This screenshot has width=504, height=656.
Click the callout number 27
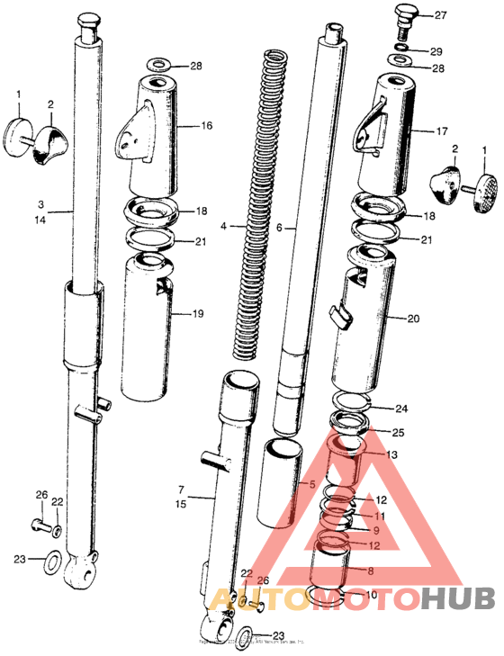pos(440,15)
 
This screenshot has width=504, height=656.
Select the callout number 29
pos(436,51)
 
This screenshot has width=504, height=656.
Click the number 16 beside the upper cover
pos(207,126)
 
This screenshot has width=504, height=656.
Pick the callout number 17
pos(442,131)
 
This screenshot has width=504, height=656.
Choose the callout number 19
pos(198,314)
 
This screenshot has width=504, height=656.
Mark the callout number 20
pos(414,319)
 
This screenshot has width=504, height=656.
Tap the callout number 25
pos(398,434)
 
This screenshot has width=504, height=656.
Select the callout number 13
pos(391,455)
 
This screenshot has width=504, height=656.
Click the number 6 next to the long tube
pos(279,229)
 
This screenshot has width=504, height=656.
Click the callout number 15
pos(181,506)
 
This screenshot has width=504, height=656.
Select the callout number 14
pos(41,219)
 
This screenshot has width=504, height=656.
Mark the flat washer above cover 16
pos(160,66)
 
